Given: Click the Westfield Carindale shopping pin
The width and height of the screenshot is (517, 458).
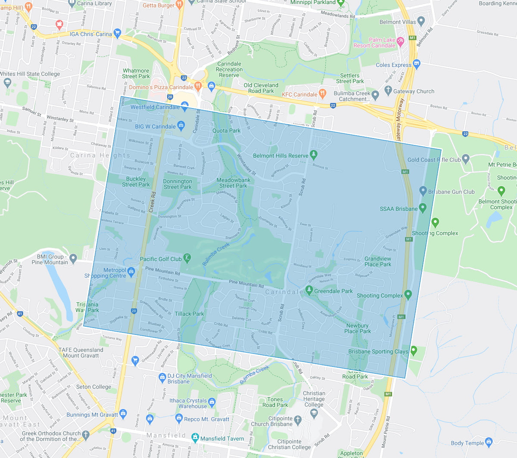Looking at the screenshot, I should point(185,105).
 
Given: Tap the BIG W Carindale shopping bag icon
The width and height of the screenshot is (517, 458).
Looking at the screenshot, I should point(181,126).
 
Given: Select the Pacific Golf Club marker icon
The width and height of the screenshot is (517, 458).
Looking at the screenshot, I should point(187,258).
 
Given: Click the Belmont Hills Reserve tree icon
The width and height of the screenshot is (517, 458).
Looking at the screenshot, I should point(314,155).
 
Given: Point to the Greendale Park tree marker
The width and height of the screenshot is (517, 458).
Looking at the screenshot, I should point(309,290).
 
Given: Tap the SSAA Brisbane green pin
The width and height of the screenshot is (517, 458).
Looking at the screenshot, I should point(423,208).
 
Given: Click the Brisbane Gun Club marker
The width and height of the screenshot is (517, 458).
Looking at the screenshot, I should point(423,191).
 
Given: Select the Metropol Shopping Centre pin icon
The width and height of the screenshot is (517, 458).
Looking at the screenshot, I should point(131,271).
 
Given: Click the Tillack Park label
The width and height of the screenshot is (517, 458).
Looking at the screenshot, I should point(189,314).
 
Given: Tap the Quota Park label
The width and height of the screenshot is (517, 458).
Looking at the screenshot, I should point(226,130).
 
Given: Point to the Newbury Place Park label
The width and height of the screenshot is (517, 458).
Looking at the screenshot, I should point(358,328).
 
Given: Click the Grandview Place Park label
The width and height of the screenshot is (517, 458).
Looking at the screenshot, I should point(378,262).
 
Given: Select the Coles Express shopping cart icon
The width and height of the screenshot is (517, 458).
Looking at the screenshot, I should point(416,64).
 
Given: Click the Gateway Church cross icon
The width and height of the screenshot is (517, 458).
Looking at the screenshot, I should point(388,90).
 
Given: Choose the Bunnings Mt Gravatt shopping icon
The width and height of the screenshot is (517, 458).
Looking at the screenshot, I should point(123,414).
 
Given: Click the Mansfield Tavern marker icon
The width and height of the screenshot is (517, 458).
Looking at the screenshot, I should point(195,437).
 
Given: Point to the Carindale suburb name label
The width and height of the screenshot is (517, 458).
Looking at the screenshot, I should point(284,292).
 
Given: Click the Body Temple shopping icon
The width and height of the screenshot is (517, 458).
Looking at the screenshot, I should point(489,442).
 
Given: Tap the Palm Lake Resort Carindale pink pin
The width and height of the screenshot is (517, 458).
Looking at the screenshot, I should point(400,41).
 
